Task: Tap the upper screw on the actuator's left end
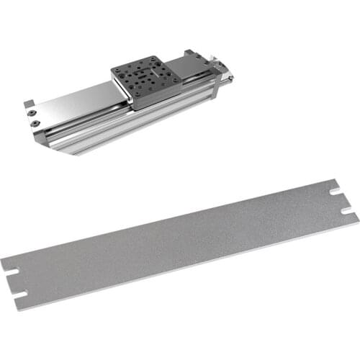click(x=30, y=113)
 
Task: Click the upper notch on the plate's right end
click(x=334, y=192)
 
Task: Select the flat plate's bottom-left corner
click(x=16, y=310)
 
